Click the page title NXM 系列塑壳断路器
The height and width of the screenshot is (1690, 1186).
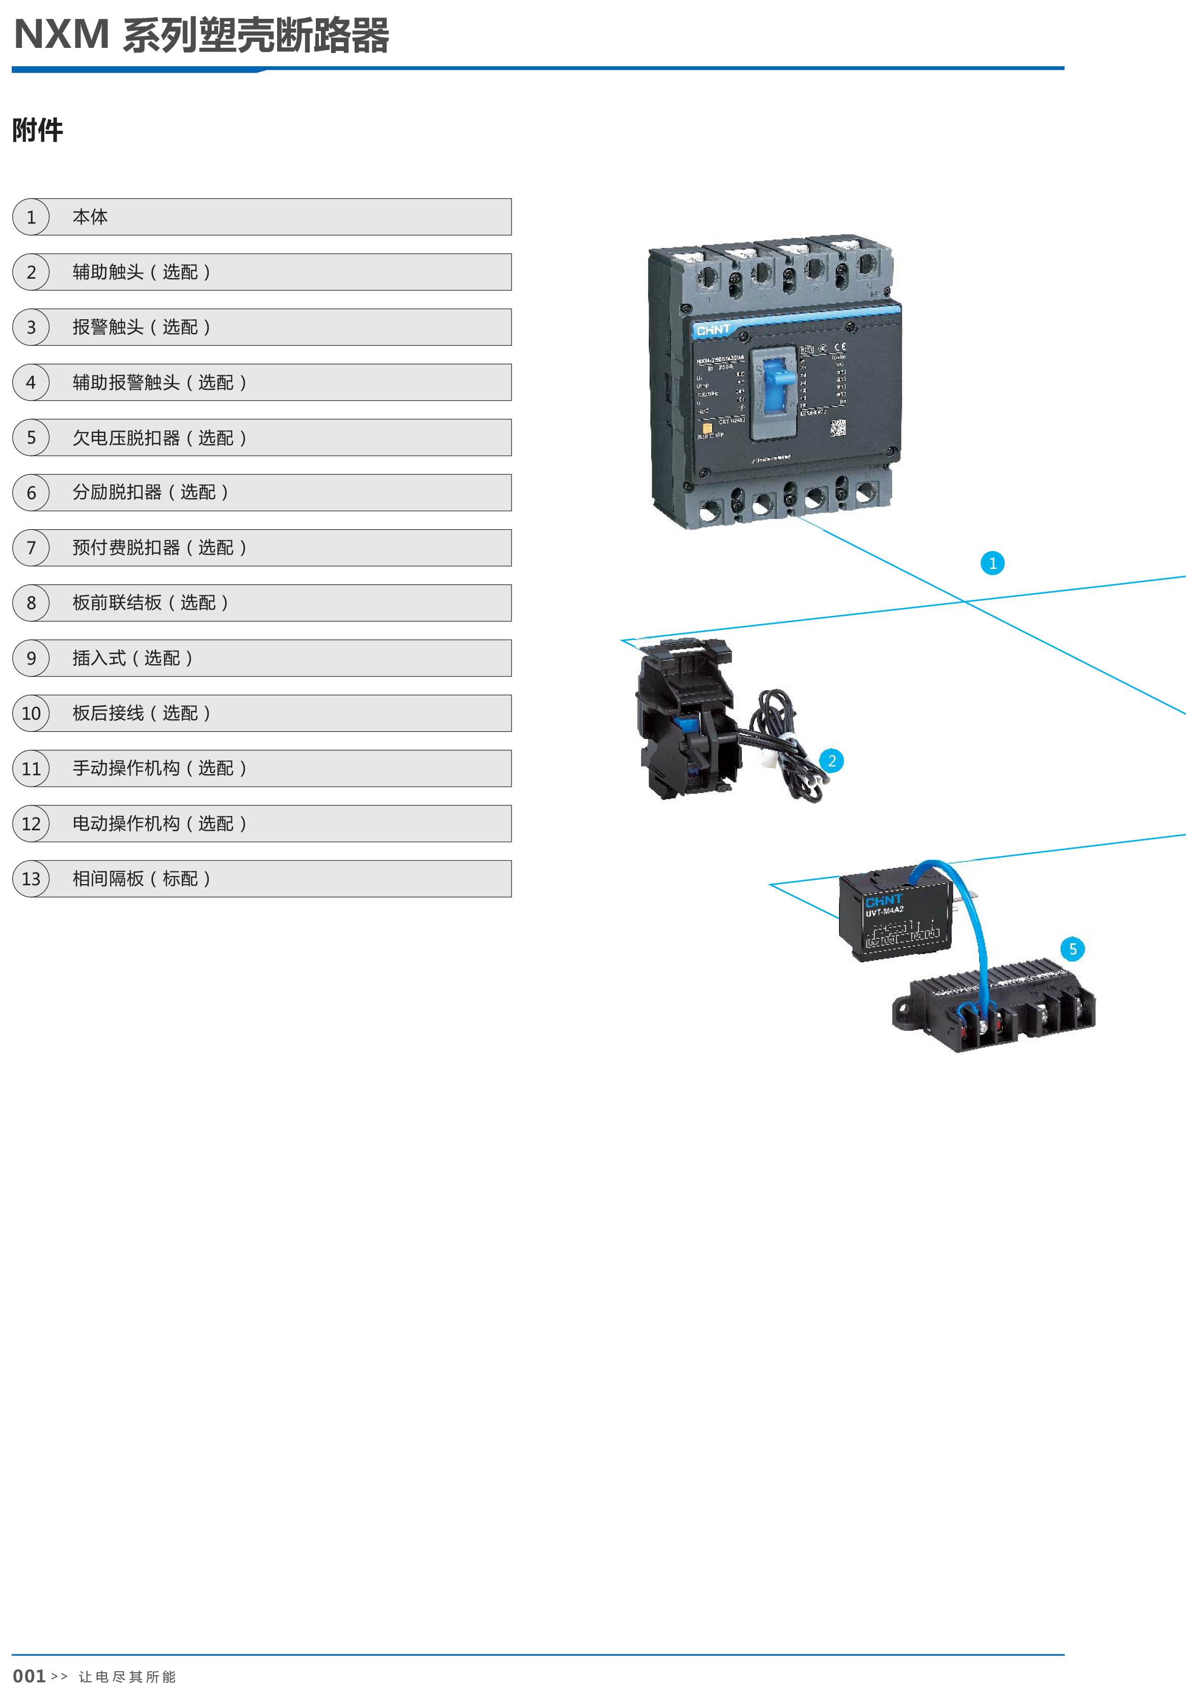[201, 35]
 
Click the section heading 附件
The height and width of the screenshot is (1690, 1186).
[38, 130]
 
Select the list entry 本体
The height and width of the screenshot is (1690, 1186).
[90, 217]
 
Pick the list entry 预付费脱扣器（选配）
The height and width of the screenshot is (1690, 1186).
[159, 548]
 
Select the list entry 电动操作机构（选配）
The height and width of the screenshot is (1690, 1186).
[159, 824]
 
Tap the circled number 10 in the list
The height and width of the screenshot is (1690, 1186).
[31, 713]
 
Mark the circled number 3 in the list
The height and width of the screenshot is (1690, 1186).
[31, 328]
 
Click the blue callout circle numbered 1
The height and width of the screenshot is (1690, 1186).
[992, 563]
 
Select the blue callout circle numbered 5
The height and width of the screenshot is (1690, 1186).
[1072, 949]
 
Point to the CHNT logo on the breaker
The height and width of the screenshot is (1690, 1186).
[713, 330]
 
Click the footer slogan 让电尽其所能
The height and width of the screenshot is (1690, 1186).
[127, 1677]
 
